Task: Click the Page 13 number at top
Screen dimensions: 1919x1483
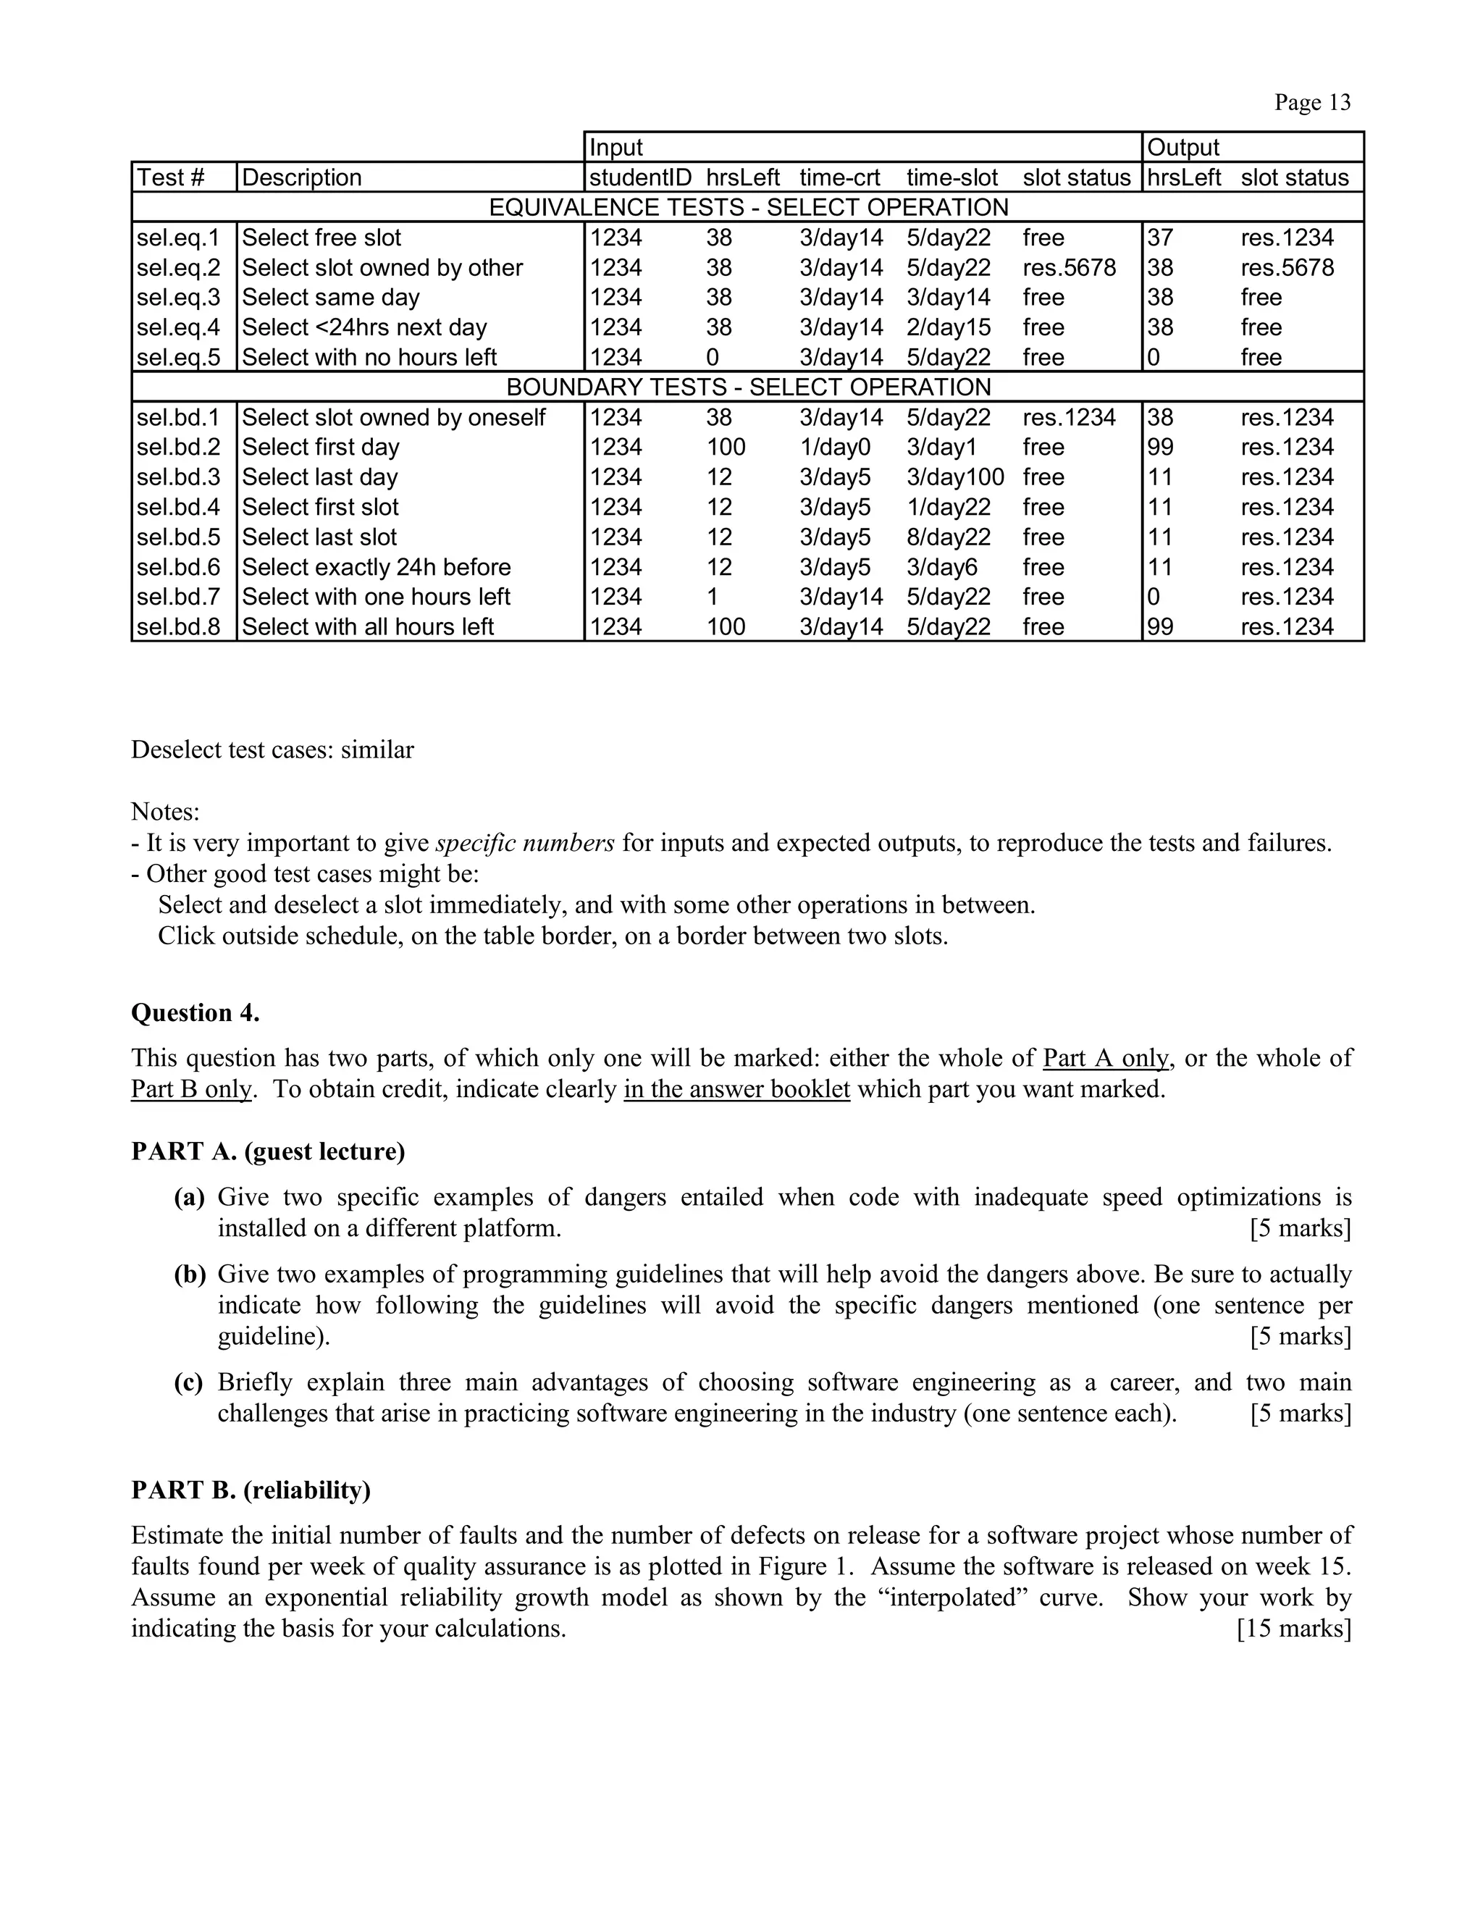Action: point(1313,103)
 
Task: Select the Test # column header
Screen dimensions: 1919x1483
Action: point(170,177)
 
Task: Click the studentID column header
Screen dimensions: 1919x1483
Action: point(639,177)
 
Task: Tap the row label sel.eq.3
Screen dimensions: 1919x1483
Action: point(178,297)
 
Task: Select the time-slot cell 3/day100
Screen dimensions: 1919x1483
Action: point(955,477)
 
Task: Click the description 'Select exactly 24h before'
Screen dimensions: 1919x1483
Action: point(376,567)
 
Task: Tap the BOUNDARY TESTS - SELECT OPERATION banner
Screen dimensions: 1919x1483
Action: point(747,387)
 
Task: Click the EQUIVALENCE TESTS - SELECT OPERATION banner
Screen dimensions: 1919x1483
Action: point(747,207)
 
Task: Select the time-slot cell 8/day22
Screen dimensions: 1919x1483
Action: point(948,537)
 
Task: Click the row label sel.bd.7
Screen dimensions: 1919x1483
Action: point(178,597)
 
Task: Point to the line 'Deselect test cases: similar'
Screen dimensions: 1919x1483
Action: point(272,749)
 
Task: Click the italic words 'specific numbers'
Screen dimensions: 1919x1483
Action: point(524,843)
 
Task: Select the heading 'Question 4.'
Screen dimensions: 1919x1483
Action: point(195,1012)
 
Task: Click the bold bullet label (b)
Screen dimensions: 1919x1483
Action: point(190,1273)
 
